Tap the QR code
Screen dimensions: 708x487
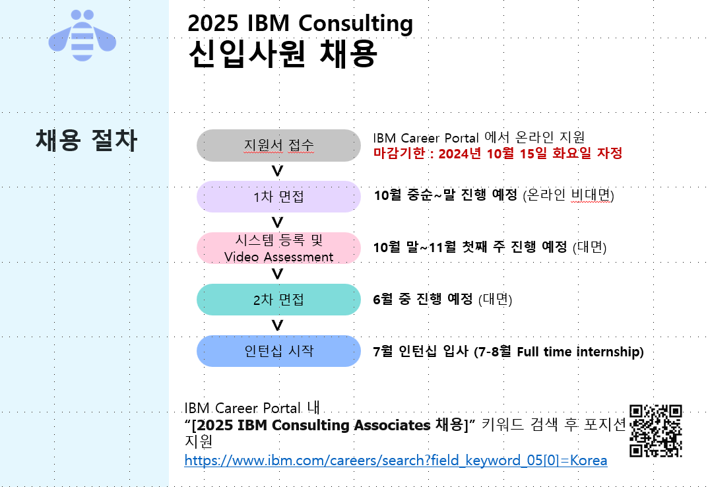click(656, 431)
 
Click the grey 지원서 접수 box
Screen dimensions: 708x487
click(278, 145)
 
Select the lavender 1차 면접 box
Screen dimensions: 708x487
click(278, 197)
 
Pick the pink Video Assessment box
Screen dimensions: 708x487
click(278, 248)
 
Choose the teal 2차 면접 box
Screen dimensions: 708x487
click(278, 300)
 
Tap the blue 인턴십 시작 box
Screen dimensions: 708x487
click(278, 351)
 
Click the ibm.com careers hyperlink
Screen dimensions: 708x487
click(395, 461)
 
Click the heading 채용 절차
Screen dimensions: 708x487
click(86, 140)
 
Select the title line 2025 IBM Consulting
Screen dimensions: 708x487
click(300, 23)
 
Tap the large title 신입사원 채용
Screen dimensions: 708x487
click(282, 53)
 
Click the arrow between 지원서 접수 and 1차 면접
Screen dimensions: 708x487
click(277, 171)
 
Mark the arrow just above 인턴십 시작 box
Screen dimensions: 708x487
click(277, 326)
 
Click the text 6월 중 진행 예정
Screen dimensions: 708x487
click(423, 299)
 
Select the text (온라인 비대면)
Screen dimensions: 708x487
click(569, 195)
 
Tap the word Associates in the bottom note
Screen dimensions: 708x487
click(392, 425)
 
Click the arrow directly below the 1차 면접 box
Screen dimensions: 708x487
click(277, 223)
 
